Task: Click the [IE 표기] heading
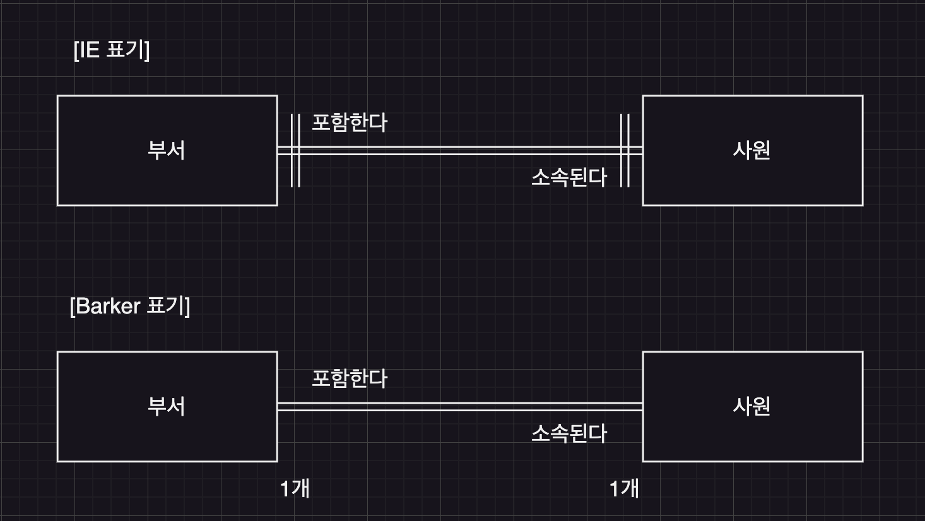[112, 49]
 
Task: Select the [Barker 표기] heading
[130, 306]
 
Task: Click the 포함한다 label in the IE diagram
[350, 122]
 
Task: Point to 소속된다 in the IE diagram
[569, 177]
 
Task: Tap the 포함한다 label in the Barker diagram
[350, 378]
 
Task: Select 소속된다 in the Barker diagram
[569, 433]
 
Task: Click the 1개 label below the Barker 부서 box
[295, 488]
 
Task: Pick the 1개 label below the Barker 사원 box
[624, 488]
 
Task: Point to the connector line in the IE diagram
[461, 151]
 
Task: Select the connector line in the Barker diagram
[461, 407]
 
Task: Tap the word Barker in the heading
[108, 306]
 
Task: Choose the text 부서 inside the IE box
[167, 150]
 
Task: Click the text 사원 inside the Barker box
[751, 406]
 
